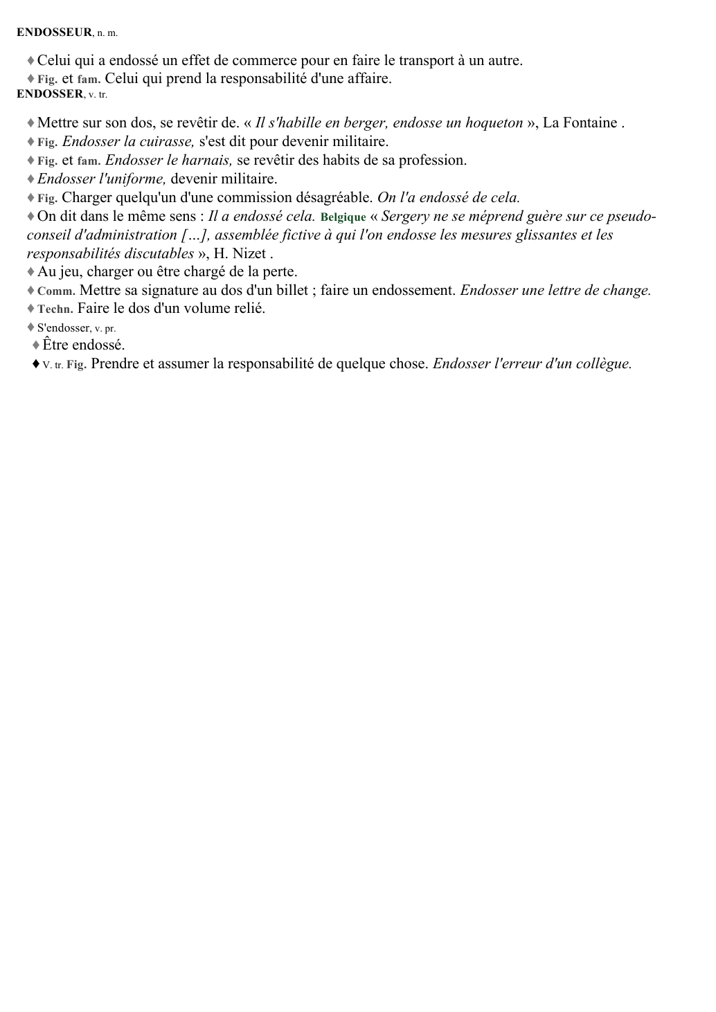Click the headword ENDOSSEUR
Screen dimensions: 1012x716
54,32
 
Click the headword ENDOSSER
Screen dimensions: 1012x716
50,94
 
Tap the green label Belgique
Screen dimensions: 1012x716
343,217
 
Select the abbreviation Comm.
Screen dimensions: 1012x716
56,291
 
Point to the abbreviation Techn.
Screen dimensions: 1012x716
55,309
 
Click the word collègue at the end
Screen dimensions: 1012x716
602,364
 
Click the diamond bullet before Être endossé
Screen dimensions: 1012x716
36,345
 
